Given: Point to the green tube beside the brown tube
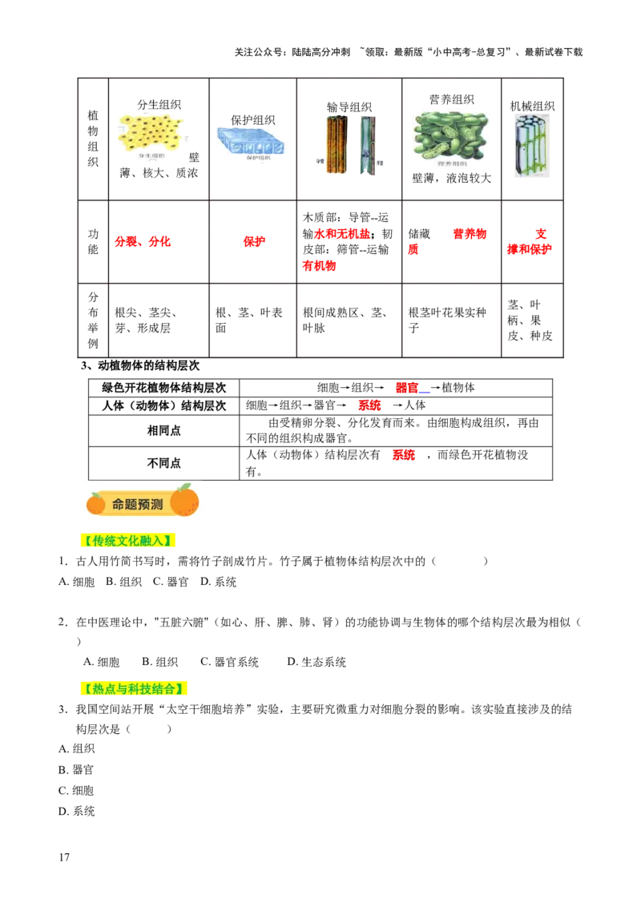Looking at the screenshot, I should [367, 144].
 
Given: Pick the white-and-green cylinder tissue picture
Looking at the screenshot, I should [532, 144].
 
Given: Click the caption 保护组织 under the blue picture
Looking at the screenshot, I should [257, 159].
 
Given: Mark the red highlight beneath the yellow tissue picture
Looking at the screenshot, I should [143, 241].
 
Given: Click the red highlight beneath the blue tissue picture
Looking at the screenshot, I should [253, 240].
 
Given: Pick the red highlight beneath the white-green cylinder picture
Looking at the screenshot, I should [530, 248].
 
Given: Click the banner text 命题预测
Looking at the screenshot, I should [138, 505].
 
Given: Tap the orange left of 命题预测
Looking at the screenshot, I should [96, 504].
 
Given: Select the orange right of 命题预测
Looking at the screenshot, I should [185, 502].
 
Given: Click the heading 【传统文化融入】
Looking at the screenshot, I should [127, 542].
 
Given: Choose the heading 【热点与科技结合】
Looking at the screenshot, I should [134, 689].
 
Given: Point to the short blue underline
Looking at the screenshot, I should [425, 393].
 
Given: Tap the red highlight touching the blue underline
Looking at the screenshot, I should [406, 388].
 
